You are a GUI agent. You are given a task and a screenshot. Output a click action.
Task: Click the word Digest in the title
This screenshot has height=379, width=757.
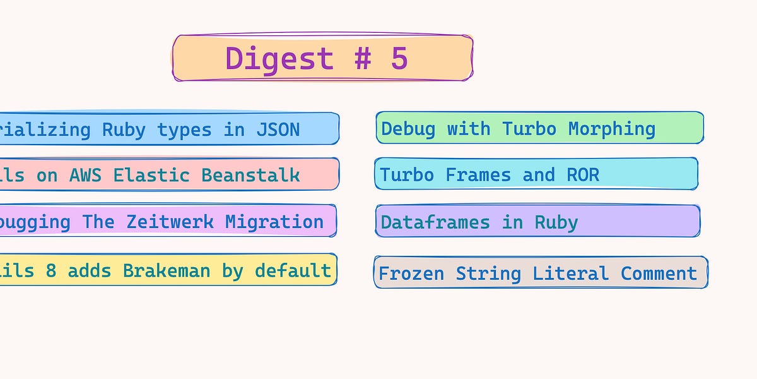279,59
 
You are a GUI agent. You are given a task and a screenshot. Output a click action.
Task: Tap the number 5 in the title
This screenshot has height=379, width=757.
399,59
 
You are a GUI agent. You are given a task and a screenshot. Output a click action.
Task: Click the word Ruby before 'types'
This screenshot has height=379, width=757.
124,129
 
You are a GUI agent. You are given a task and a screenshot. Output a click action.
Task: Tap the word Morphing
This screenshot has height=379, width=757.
611,129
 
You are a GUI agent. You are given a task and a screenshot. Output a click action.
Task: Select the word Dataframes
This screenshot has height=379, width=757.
435,222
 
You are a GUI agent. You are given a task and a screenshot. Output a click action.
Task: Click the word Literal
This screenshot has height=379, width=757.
570,274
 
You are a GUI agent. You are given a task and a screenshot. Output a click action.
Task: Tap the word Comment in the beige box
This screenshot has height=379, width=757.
659,274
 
